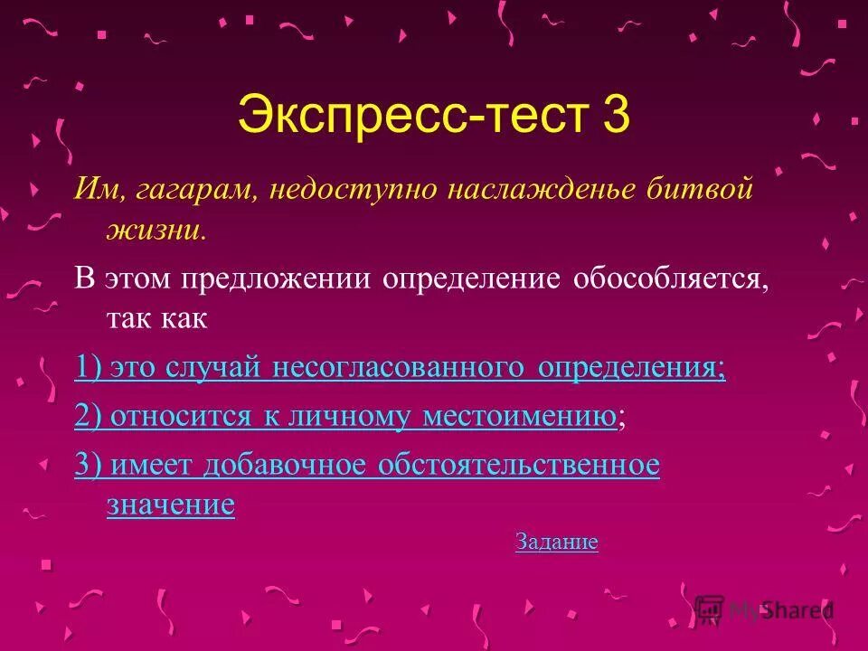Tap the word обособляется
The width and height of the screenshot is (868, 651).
click(x=669, y=279)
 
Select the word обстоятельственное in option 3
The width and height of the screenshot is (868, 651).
click(x=519, y=466)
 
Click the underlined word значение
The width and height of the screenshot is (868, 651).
click(x=171, y=505)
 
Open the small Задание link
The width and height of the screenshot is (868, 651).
click(x=556, y=542)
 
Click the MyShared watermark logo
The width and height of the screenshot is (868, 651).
click(x=764, y=609)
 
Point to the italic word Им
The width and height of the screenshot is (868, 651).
click(x=91, y=190)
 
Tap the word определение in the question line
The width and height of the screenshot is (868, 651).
click(x=472, y=279)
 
